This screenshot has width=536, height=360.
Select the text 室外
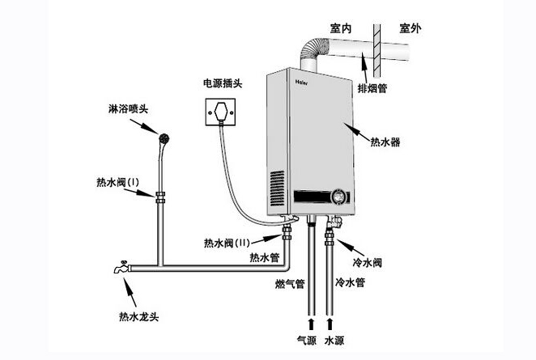(x=414, y=28)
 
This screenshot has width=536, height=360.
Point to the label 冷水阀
(x=368, y=262)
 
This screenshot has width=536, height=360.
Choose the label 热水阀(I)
(x=117, y=184)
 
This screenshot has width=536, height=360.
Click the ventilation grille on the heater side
(x=278, y=188)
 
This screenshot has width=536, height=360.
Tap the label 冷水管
(x=351, y=282)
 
